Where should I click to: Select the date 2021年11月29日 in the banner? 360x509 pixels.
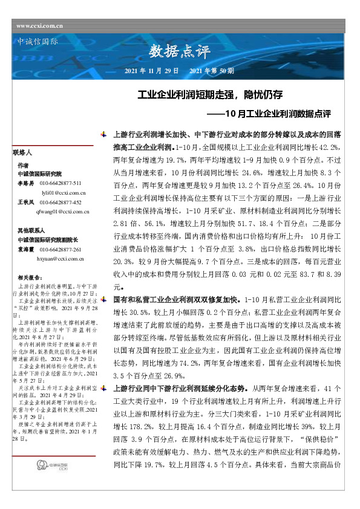(151, 71)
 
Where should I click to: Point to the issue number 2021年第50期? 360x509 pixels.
(212, 71)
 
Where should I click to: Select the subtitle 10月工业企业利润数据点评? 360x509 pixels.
(269, 113)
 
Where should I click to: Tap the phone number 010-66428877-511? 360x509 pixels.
(61, 183)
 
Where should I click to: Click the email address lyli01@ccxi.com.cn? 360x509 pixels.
(63, 192)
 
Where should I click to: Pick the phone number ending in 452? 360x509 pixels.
(61, 203)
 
